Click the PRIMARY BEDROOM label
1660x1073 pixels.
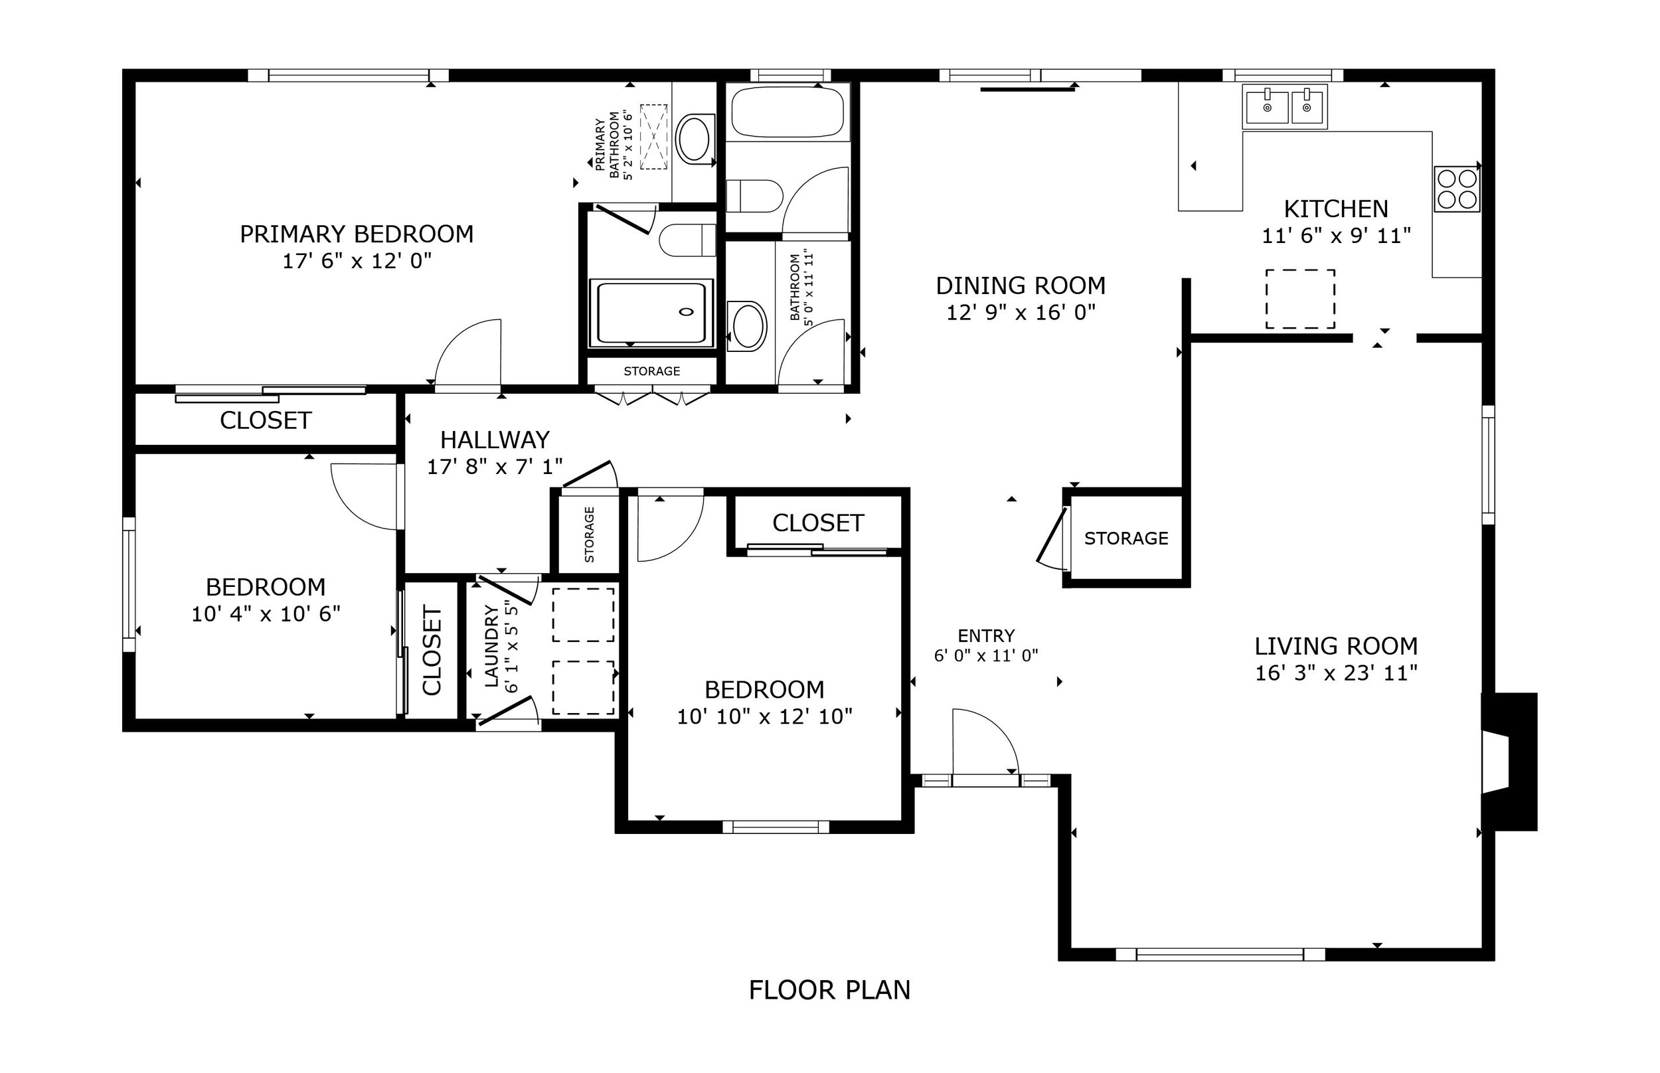click(x=357, y=234)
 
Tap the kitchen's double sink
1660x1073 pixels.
click(x=1286, y=108)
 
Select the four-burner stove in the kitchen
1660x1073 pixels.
click(x=1457, y=189)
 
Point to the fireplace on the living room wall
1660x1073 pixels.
click(x=1509, y=762)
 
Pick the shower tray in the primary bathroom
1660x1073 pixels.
click(x=651, y=313)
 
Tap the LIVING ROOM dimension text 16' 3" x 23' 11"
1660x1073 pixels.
click(x=1336, y=674)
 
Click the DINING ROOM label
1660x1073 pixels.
click(x=1021, y=286)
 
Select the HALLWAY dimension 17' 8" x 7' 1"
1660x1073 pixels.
click(x=495, y=467)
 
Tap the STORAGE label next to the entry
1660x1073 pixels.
click(x=1125, y=538)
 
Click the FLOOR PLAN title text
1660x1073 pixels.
click(x=829, y=990)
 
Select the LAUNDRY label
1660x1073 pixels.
click(x=492, y=647)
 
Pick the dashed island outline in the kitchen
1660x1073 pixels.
click(x=1300, y=299)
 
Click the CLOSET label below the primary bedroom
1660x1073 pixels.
click(x=266, y=421)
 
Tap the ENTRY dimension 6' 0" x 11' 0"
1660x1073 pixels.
click(x=985, y=655)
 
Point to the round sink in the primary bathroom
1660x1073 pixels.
click(x=694, y=139)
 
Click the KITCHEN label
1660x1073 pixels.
click(x=1335, y=209)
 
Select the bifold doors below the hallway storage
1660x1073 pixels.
click(x=652, y=398)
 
